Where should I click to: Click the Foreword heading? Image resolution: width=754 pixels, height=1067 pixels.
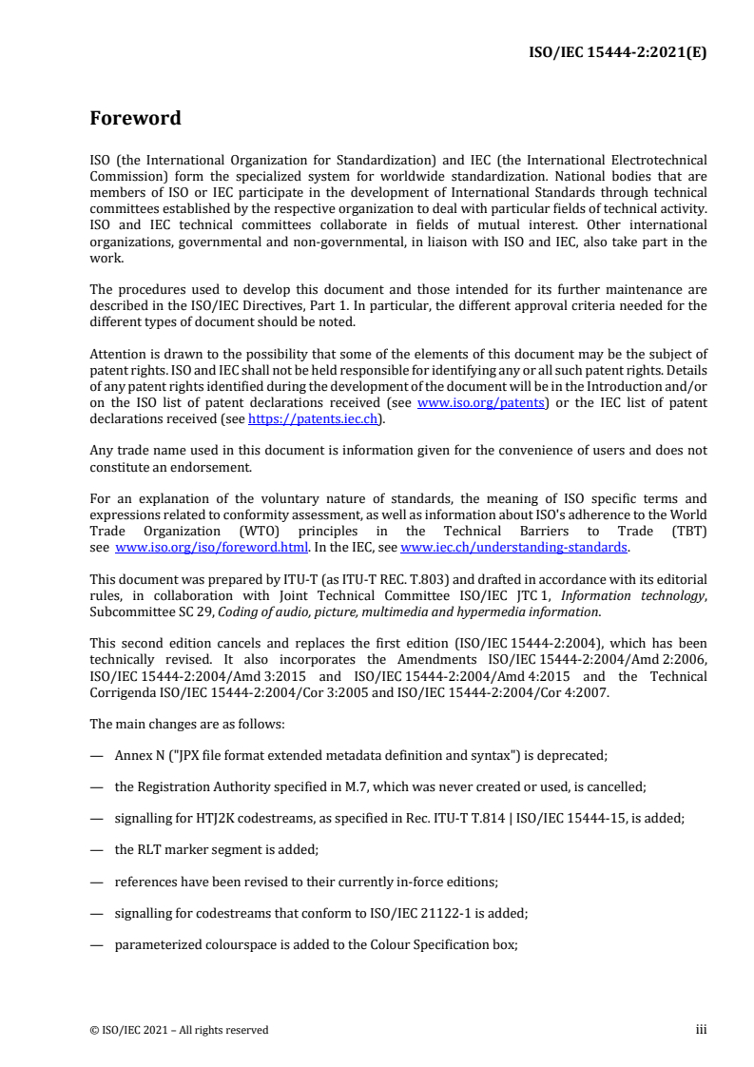coord(135,119)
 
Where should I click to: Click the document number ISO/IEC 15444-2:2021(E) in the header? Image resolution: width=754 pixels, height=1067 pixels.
coord(617,52)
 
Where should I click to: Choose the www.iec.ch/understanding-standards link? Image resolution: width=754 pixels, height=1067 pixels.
coord(513,548)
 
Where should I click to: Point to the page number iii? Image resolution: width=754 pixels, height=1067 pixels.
coord(701,1029)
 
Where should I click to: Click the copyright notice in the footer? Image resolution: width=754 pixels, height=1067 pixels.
coord(179,1030)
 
